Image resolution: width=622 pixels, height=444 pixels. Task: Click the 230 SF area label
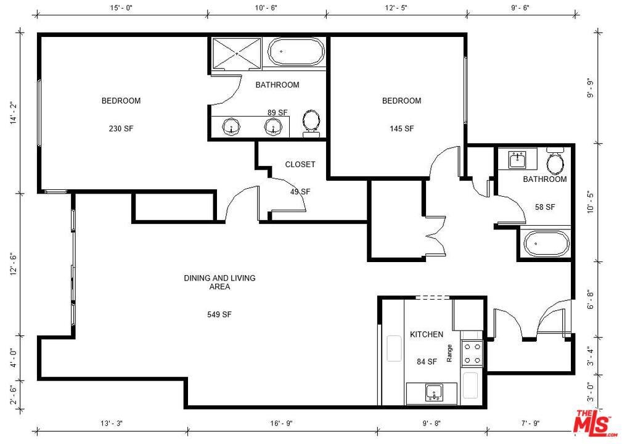pyautogui.click(x=121, y=128)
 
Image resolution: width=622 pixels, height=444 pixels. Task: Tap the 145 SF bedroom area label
pyautogui.click(x=401, y=128)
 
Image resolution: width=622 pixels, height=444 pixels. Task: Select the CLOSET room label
pyautogui.click(x=300, y=164)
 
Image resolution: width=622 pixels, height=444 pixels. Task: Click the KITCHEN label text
pyautogui.click(x=427, y=334)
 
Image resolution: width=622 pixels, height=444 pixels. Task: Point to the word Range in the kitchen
pyautogui.click(x=449, y=353)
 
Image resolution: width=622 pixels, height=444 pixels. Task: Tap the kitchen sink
pyautogui.click(x=435, y=393)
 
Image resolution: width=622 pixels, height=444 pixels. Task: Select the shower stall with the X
pyautogui.click(x=237, y=53)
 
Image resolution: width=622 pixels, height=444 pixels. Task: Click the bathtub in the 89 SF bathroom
pyautogui.click(x=296, y=52)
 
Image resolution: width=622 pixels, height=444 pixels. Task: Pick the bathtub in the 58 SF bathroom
pyautogui.click(x=546, y=244)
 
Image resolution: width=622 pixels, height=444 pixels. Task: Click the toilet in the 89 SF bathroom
pyautogui.click(x=311, y=123)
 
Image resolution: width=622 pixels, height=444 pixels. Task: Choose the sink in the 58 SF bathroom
pyautogui.click(x=517, y=160)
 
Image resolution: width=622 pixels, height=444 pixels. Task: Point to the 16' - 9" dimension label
pyautogui.click(x=281, y=424)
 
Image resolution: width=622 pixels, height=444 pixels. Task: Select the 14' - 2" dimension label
pyautogui.click(x=14, y=113)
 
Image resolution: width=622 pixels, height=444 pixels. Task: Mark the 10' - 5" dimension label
pyautogui.click(x=591, y=202)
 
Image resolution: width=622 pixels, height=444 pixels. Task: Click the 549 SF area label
pyautogui.click(x=219, y=314)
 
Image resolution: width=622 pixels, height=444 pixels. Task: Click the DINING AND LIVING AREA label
pyautogui.click(x=219, y=282)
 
